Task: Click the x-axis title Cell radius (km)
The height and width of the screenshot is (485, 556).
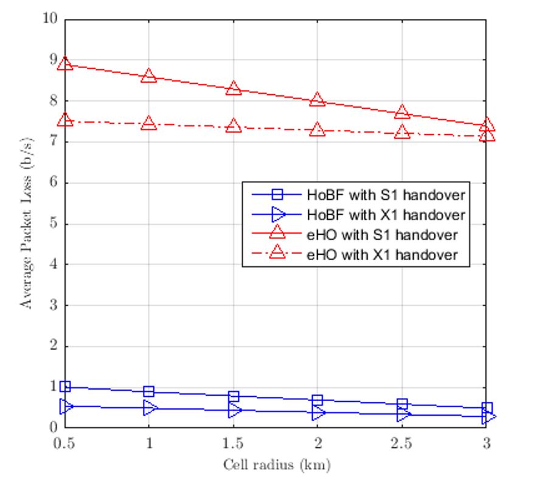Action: pos(276,466)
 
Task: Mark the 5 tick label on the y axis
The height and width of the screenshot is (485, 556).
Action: pos(54,224)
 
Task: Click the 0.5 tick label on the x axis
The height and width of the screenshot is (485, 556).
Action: pos(65,443)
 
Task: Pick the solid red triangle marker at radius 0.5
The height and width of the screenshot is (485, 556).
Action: pos(65,64)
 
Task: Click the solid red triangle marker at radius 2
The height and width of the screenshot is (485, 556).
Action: pos(318,100)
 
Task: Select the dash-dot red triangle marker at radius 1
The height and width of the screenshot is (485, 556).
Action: pos(149,123)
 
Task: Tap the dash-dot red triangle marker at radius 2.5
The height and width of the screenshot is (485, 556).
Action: pos(401,132)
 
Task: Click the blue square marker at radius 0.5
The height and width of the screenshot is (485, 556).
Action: pos(65,387)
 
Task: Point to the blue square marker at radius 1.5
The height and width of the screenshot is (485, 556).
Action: pos(234,396)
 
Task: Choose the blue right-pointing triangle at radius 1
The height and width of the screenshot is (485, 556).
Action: pos(150,408)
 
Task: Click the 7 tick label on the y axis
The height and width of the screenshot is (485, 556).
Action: pos(54,142)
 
